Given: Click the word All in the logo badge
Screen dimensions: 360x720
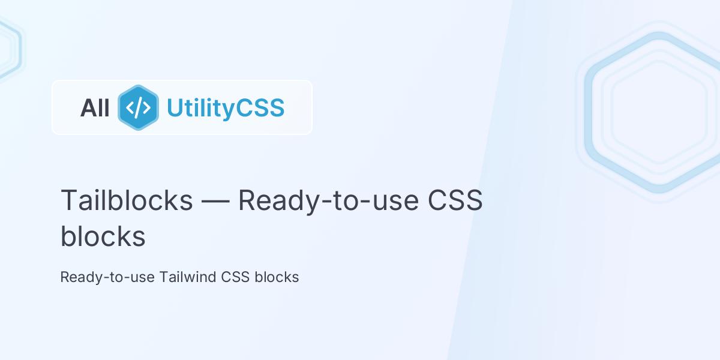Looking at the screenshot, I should pyautogui.click(x=95, y=108).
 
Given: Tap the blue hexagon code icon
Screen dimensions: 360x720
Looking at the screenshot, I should pyautogui.click(x=138, y=108).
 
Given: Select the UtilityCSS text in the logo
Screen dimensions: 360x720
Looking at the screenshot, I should pyautogui.click(x=225, y=108).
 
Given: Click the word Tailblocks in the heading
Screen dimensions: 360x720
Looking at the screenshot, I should pyautogui.click(x=127, y=200).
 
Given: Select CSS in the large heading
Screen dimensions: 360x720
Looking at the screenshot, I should pyautogui.click(x=455, y=200).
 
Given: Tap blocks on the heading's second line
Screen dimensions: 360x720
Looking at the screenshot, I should pyautogui.click(x=103, y=236).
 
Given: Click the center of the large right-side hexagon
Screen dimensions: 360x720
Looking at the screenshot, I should pyautogui.click(x=659, y=112).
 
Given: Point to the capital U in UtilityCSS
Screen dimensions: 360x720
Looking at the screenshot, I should pyautogui.click(x=174, y=108).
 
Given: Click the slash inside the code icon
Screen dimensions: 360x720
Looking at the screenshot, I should pyautogui.click(x=138, y=108).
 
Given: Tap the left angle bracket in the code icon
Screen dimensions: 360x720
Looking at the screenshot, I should pyautogui.click(x=130, y=108).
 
